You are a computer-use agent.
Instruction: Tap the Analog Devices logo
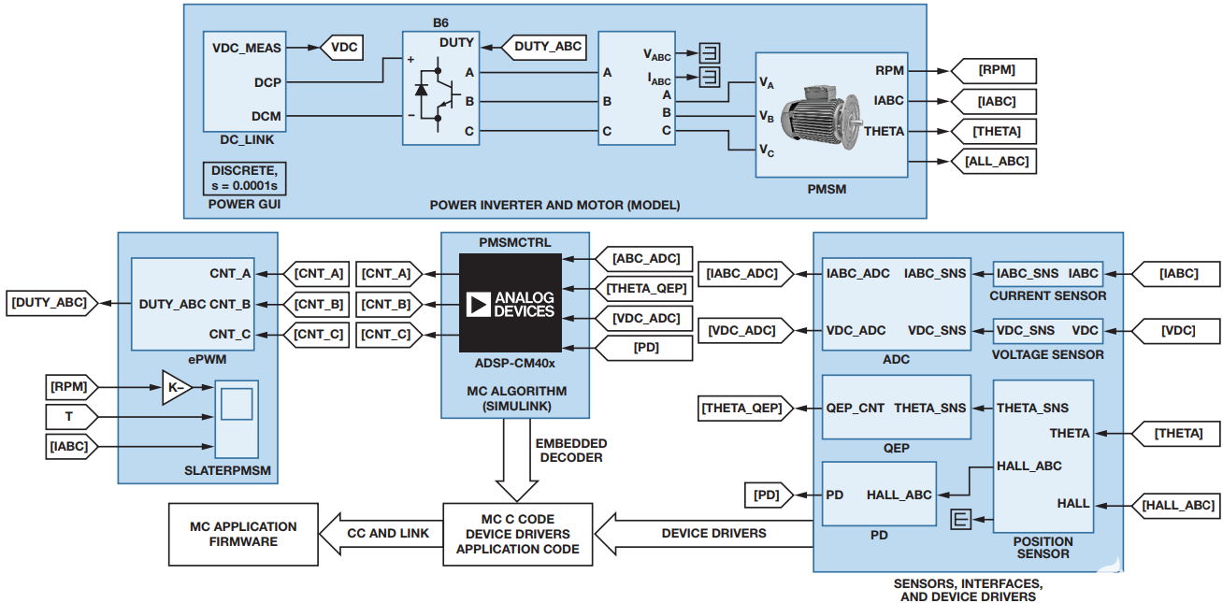[511, 303]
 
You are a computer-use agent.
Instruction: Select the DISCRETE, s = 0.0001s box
[244, 178]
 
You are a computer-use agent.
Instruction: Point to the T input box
[68, 416]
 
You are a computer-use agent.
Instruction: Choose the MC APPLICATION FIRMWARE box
[243, 534]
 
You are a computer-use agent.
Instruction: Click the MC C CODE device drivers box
[517, 534]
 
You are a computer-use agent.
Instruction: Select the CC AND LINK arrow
[381, 534]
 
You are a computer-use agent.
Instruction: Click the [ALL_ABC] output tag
[996, 162]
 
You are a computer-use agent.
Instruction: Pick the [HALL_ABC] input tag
[1178, 505]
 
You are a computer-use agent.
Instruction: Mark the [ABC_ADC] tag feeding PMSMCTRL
[645, 259]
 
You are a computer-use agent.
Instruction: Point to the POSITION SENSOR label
[1043, 548]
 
